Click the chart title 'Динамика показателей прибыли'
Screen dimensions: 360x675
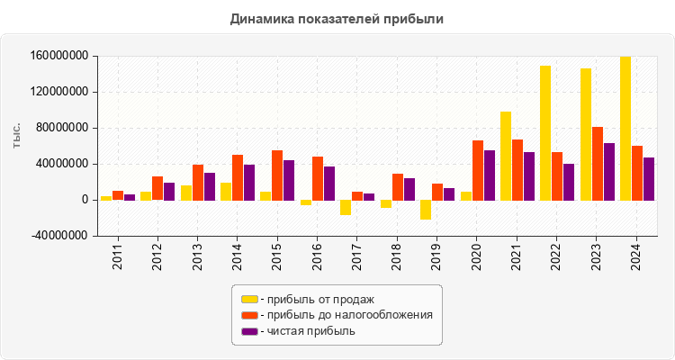pyautogui.click(x=337, y=18)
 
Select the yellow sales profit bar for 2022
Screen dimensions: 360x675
pyautogui.click(x=544, y=133)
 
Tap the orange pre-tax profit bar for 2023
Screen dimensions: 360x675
pyautogui.click(x=597, y=164)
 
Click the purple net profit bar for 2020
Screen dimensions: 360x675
pyautogui.click(x=490, y=175)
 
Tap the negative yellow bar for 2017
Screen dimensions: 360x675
pyautogui.click(x=346, y=207)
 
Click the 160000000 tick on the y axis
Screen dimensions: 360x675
pyautogui.click(x=58, y=56)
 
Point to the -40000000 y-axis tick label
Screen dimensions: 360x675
pyautogui.click(x=58, y=236)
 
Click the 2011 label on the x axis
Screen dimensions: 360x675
pyautogui.click(x=117, y=255)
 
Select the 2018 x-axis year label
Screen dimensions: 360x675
pyautogui.click(x=397, y=255)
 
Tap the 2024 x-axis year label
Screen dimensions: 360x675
pyautogui.click(x=636, y=255)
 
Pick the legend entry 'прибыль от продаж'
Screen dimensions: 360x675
pyautogui.click(x=316, y=299)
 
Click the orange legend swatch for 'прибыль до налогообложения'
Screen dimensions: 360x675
pyautogui.click(x=249, y=315)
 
